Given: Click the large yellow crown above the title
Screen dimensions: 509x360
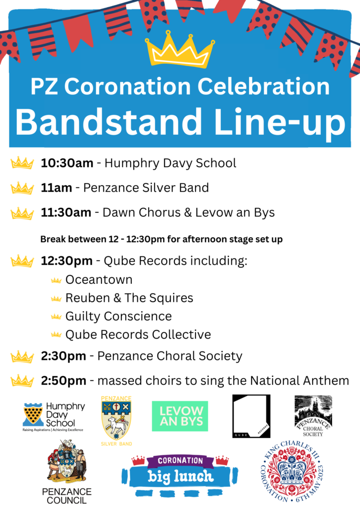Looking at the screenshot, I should pos(180,50).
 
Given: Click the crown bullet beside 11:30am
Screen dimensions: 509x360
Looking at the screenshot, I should pos(22,213).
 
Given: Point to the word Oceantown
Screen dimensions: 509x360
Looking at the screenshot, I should pos(99,280).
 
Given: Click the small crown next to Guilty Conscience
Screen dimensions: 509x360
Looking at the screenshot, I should pos(56,317).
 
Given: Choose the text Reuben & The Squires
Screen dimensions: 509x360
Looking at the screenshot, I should pos(129,298).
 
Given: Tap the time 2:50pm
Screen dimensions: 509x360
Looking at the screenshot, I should pos(64,381).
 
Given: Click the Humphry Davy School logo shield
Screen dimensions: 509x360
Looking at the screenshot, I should pos(32,413).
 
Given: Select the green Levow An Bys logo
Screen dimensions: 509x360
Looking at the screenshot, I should pos(180,416).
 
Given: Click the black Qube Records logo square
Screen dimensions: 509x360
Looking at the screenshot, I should pos(251,416).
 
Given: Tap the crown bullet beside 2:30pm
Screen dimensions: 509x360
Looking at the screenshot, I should pos(22,356).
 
